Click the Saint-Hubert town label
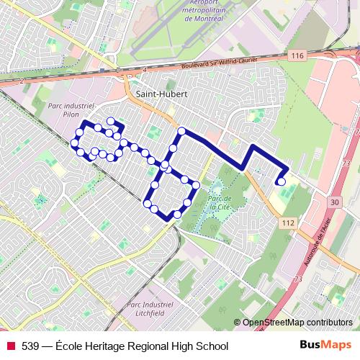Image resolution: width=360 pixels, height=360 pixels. (156, 93)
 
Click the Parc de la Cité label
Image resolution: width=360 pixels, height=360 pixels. (217, 201)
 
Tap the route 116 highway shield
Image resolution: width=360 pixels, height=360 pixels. (294, 55)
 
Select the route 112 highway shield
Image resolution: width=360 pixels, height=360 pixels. (288, 224)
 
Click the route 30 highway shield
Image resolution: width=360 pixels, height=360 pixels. (333, 203)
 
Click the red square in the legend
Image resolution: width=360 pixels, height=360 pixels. (10, 346)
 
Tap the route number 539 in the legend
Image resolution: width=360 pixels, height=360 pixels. (30, 346)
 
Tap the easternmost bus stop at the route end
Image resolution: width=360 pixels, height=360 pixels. (282, 181)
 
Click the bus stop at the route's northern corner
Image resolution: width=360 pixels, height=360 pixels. (182, 131)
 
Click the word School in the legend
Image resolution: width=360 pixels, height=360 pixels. (212, 346)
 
